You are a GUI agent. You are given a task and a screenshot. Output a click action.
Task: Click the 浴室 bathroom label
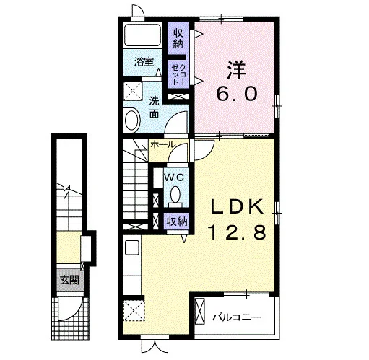(x=144, y=62)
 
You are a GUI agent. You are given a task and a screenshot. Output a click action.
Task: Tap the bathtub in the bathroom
(x=143, y=35)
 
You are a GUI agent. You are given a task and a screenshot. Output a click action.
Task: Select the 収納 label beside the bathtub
(x=178, y=38)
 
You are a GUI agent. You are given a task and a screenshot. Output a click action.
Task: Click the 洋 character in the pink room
(x=237, y=70)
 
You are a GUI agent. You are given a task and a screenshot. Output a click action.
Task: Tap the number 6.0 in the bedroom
(x=237, y=94)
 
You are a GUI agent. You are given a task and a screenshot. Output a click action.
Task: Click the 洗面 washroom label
(x=154, y=107)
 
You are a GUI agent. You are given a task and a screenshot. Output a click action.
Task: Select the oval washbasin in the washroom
(x=131, y=120)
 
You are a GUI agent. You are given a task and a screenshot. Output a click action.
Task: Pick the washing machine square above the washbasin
(x=133, y=91)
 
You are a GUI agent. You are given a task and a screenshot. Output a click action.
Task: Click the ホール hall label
(x=162, y=144)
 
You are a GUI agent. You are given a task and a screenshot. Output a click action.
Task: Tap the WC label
(x=175, y=177)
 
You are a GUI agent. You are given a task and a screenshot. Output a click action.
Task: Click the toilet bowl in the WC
(x=175, y=194)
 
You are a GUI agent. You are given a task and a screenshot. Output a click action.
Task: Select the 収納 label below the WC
(x=177, y=221)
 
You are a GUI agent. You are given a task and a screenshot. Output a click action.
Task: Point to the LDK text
(x=237, y=207)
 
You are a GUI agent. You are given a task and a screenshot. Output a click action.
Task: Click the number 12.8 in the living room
(x=238, y=232)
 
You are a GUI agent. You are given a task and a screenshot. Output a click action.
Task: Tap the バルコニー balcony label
(x=237, y=317)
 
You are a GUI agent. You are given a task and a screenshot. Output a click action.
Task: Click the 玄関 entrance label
(x=69, y=280)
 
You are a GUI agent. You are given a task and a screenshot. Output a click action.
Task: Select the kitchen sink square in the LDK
(x=132, y=247)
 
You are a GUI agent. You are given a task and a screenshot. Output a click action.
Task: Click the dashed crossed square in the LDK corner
(x=134, y=310)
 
